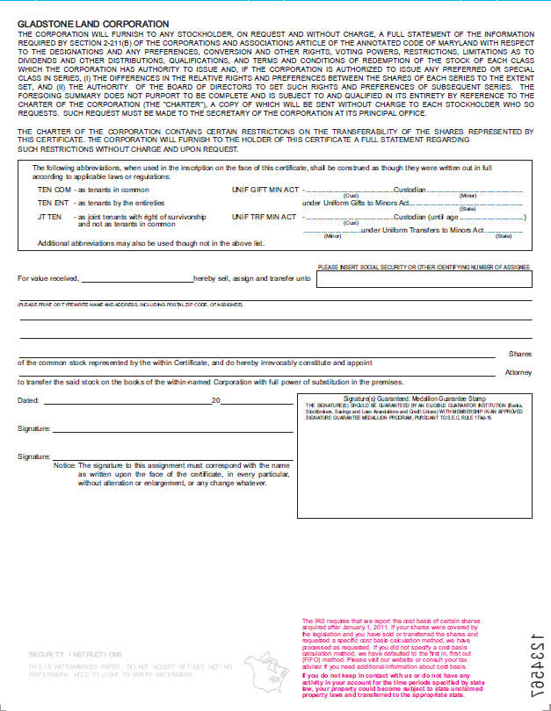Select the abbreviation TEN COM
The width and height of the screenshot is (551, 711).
click(x=53, y=189)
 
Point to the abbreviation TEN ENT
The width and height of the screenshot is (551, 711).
click(x=53, y=203)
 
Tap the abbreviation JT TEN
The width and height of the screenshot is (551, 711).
click(x=49, y=216)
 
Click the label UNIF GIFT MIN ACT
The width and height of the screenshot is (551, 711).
click(x=265, y=189)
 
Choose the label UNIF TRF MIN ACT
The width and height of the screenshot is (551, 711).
click(x=265, y=216)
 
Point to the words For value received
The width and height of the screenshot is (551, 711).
click(x=48, y=279)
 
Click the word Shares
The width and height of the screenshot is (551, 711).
click(x=520, y=354)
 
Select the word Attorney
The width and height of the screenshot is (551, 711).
click(x=518, y=371)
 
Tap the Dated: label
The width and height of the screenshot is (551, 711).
click(x=29, y=400)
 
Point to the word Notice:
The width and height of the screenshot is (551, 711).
click(x=64, y=465)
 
